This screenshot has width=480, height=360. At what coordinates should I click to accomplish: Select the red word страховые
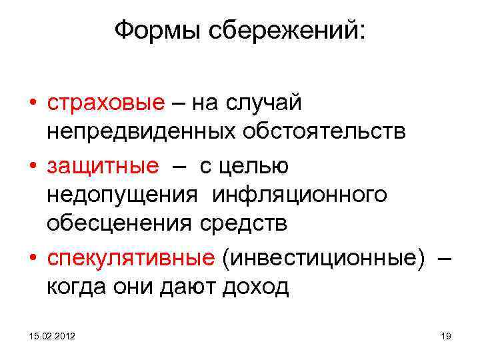105,103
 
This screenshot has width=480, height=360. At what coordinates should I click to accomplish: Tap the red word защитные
103,165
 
